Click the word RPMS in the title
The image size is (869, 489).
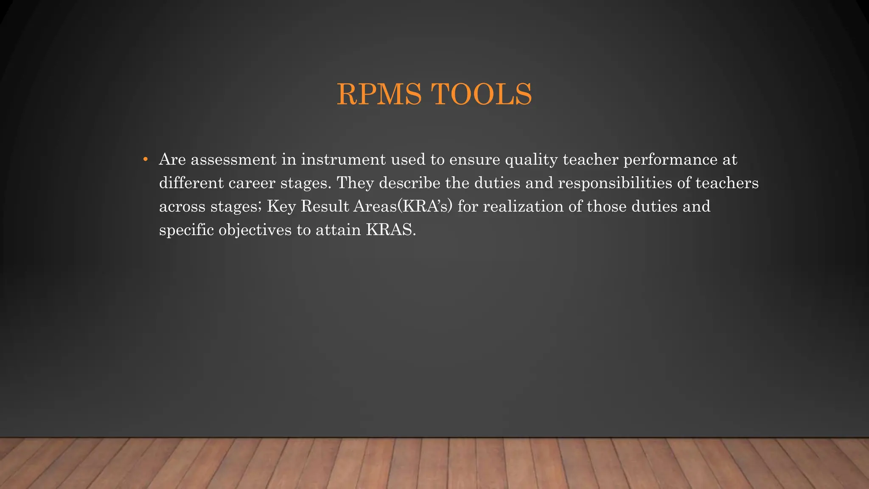coord(379,94)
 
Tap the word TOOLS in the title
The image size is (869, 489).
coord(481,94)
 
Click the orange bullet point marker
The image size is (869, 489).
coord(146,160)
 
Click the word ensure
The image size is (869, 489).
coord(475,160)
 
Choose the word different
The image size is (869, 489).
coord(191,183)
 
